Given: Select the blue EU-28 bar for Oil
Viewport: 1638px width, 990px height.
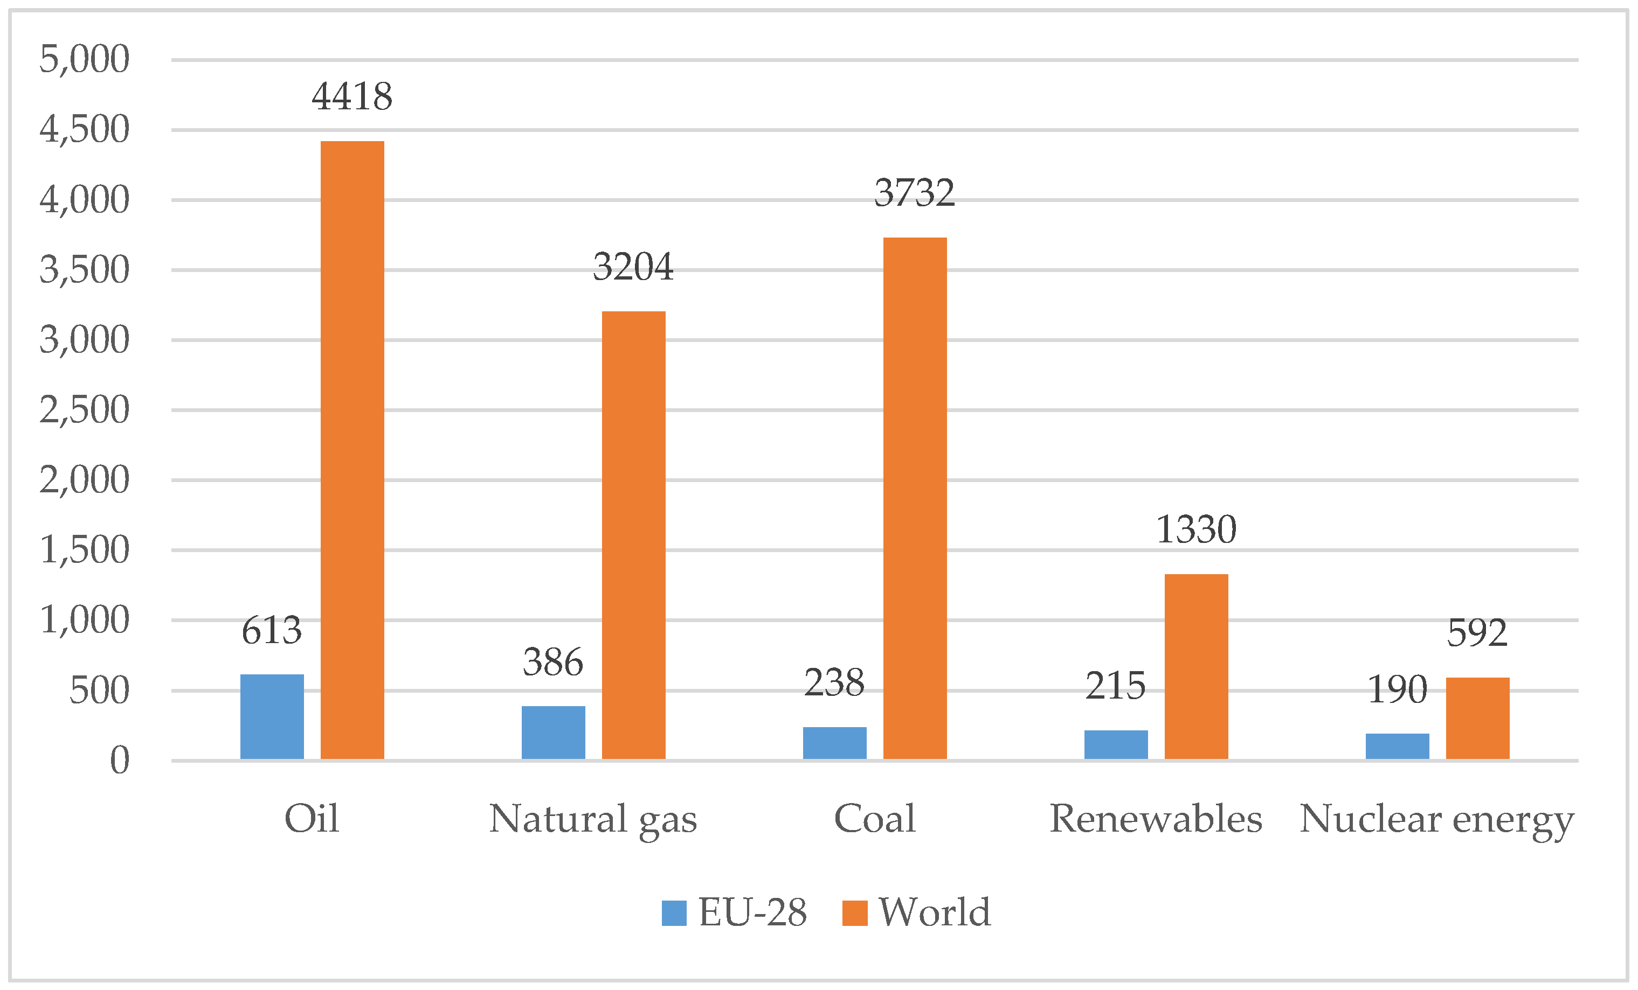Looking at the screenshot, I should pyautogui.click(x=272, y=717).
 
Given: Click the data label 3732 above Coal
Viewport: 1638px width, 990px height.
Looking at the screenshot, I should pyautogui.click(x=914, y=193).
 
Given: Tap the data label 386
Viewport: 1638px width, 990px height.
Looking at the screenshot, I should pyautogui.click(x=552, y=663).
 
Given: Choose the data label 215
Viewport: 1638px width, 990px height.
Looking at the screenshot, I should pyautogui.click(x=1116, y=686).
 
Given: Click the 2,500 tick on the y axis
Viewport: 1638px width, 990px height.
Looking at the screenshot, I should pyautogui.click(x=85, y=410).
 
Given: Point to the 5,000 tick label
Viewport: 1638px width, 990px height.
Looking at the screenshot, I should pyautogui.click(x=85, y=59).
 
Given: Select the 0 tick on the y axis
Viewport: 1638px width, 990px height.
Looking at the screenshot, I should pyautogui.click(x=120, y=760).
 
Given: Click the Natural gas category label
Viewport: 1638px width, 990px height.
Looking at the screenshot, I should pyautogui.click(x=593, y=819).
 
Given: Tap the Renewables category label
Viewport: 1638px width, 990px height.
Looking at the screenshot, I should pyautogui.click(x=1156, y=819).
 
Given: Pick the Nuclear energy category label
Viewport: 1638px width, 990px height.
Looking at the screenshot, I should pyautogui.click(x=1436, y=819).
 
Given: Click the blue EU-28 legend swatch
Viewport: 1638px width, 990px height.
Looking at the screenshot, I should pyautogui.click(x=673, y=913).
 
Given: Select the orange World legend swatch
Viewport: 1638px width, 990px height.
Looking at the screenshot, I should pyautogui.click(x=854, y=913).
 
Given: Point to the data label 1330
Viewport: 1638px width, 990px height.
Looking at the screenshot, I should pyautogui.click(x=1196, y=530).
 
